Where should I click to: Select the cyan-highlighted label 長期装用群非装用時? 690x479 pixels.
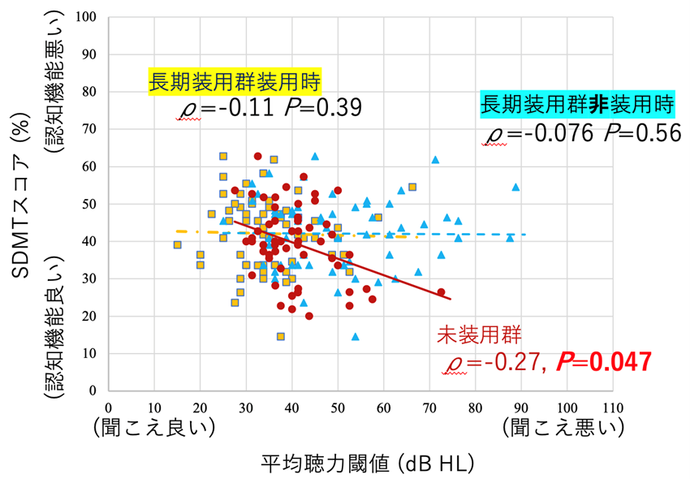point(577,105)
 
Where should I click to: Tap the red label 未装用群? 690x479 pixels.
point(474,334)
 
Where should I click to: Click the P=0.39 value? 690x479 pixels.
point(321,109)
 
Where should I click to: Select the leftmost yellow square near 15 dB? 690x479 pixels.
point(177,244)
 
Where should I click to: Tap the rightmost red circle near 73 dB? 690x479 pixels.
point(441,292)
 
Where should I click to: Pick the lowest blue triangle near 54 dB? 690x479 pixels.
point(355,336)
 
